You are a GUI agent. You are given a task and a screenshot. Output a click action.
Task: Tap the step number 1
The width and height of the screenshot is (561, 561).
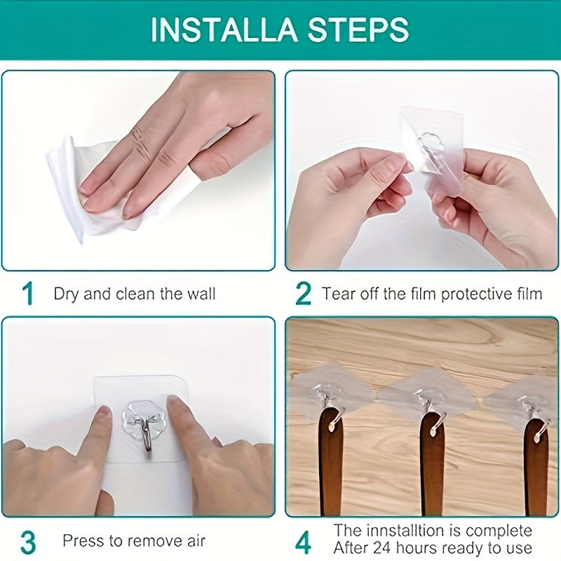[x=28, y=294]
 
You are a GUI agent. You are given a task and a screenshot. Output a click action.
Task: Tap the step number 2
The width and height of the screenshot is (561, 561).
[x=303, y=294]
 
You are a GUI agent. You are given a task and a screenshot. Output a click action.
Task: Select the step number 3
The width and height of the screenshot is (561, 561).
[x=28, y=542]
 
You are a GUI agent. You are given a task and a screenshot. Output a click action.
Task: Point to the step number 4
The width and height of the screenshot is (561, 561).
[x=303, y=542]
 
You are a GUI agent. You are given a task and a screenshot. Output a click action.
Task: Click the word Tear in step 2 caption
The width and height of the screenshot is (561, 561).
[x=339, y=294]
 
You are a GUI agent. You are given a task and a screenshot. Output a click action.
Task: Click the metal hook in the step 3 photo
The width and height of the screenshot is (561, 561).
[x=147, y=435]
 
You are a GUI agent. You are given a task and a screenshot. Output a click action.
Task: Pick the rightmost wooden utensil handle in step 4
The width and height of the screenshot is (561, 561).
[x=536, y=470]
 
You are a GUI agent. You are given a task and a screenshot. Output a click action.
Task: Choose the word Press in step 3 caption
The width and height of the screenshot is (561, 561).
[x=82, y=541]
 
